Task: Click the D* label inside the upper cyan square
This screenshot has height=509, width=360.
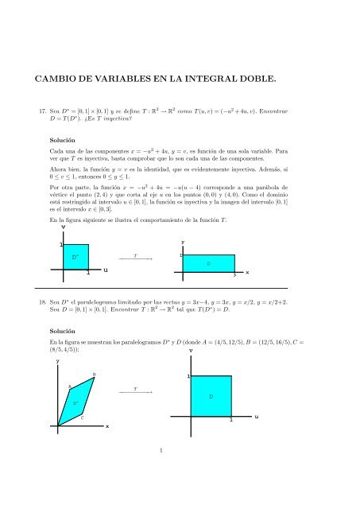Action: click(75, 257)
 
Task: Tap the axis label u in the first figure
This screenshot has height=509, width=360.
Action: click(106, 271)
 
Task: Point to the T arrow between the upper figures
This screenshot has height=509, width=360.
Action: click(136, 259)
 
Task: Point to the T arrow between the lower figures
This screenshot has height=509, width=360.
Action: click(136, 392)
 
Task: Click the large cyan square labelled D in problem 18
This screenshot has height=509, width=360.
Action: click(211, 395)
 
